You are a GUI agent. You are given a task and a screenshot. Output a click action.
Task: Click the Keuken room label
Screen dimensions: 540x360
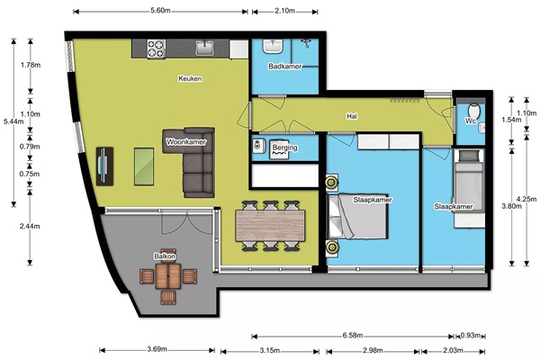[x=190, y=78]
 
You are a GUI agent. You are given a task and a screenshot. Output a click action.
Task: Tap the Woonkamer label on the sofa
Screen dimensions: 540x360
[x=186, y=142]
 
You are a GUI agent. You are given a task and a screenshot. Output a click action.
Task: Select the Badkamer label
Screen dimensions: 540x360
[x=284, y=66]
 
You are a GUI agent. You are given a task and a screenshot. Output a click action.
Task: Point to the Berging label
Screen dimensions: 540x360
[x=284, y=148]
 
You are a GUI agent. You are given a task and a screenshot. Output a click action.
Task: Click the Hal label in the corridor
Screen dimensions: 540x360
[x=352, y=116]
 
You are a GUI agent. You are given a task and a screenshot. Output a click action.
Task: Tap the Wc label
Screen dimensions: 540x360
[x=471, y=121]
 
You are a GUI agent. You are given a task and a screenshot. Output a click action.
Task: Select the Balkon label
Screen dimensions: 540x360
[x=165, y=256]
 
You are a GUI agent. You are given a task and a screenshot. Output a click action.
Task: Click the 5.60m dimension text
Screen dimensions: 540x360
[x=160, y=10]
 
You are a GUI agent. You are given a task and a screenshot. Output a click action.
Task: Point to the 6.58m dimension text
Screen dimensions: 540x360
[x=353, y=335]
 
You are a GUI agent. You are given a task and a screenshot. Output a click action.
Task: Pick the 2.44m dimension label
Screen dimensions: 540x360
[x=30, y=226]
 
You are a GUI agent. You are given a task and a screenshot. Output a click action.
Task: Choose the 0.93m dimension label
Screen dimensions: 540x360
[x=471, y=335]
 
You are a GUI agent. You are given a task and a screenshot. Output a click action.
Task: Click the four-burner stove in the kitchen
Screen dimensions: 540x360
[x=156, y=49]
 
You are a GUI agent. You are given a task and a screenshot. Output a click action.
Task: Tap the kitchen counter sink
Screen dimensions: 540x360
[x=205, y=48]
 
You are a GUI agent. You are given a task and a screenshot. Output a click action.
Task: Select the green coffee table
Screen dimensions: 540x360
[x=144, y=166]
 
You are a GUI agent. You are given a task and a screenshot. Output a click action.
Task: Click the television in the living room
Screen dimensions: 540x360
[x=104, y=166]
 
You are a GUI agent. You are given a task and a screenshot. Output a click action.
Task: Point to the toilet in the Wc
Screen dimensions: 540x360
[x=474, y=110]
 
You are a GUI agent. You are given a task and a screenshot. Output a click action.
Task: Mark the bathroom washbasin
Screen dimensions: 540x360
[x=273, y=46]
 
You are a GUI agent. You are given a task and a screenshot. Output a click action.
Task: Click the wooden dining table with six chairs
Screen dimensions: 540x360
[x=270, y=226]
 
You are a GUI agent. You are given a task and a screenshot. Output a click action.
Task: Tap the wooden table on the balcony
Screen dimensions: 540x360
[x=168, y=276]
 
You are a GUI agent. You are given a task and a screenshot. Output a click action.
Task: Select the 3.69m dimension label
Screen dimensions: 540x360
[x=157, y=349]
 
